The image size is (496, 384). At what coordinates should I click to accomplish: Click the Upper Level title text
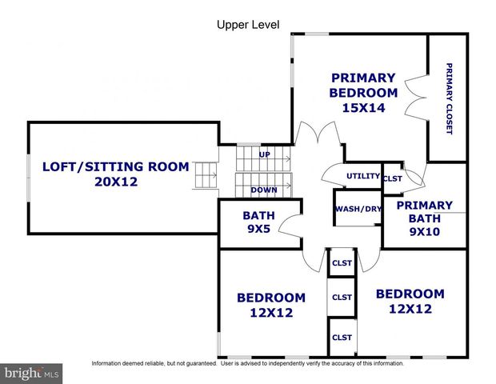tap(248, 24)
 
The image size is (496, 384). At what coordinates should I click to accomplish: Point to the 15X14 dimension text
tap(363, 107)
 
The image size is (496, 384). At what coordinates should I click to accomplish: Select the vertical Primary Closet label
tap(449, 98)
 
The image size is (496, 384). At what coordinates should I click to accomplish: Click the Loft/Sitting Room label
tap(115, 166)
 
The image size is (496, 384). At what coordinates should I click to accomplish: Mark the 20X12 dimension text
tap(115, 182)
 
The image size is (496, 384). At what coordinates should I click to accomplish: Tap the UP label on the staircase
tap(264, 153)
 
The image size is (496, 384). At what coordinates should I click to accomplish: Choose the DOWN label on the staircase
tap(264, 190)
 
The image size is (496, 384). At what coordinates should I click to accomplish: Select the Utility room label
tap(362, 176)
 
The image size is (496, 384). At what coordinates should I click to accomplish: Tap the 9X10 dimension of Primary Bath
tap(424, 233)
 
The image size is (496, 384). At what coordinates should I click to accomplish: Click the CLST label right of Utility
tap(393, 178)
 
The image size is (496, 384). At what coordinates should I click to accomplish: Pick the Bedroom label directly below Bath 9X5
tap(270, 298)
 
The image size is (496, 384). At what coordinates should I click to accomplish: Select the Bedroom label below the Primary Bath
tap(410, 294)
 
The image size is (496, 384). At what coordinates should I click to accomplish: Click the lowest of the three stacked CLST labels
tap(342, 337)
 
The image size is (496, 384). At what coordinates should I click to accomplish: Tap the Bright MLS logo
tap(30, 372)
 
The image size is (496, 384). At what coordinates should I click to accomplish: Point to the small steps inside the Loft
tap(206, 174)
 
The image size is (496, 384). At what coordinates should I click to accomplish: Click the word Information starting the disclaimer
tap(111, 363)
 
